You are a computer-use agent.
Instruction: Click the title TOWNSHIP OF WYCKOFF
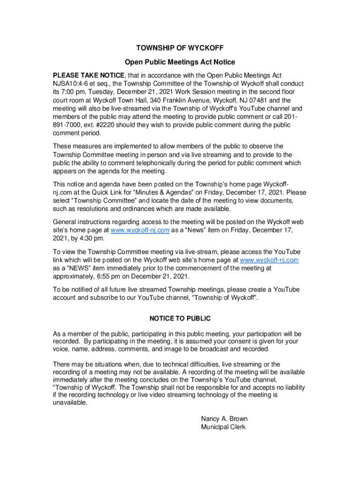click(180, 48)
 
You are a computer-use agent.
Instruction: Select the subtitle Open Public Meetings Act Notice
click(180, 62)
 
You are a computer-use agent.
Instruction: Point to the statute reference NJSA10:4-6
click(72, 84)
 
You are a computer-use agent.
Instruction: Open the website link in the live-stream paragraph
click(269, 260)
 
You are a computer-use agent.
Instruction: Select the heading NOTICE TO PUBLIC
click(180, 319)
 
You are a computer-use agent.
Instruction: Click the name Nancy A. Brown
click(224, 419)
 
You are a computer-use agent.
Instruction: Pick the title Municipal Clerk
click(223, 427)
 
